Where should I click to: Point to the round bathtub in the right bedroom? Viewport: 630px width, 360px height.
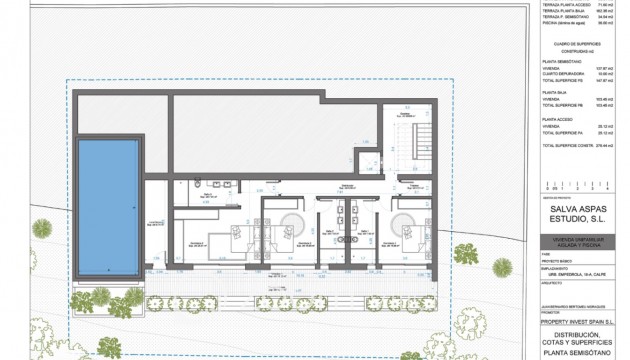tap(407, 224)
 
